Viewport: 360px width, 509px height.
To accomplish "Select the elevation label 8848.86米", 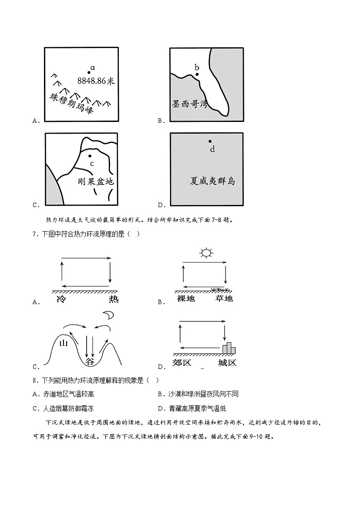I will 96,81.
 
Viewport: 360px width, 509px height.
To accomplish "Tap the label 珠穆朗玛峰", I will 71,104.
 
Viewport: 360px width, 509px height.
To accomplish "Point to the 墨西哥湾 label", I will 190,103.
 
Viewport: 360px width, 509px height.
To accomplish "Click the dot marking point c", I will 90,156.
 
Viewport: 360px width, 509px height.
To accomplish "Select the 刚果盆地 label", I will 96,181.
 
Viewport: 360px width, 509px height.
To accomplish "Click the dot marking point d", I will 209,141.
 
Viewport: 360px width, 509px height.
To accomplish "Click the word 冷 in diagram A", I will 62,300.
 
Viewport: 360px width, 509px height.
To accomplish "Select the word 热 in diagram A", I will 113,300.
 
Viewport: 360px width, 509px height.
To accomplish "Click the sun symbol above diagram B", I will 206,253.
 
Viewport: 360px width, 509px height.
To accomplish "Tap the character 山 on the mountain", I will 64,344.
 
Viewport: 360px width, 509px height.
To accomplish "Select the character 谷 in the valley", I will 90,362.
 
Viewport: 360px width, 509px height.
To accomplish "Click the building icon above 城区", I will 229,348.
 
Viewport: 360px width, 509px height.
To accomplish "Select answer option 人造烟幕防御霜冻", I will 68,408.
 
